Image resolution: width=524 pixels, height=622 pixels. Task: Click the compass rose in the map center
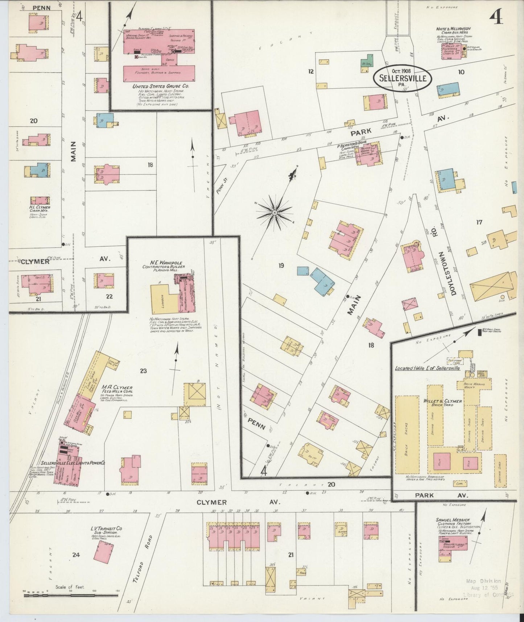[275, 212]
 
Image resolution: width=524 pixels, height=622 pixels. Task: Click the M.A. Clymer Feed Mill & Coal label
[117, 389]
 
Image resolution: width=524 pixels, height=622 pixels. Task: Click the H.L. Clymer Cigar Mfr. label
[39, 209]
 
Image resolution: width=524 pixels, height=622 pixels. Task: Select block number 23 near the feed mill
[144, 371]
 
